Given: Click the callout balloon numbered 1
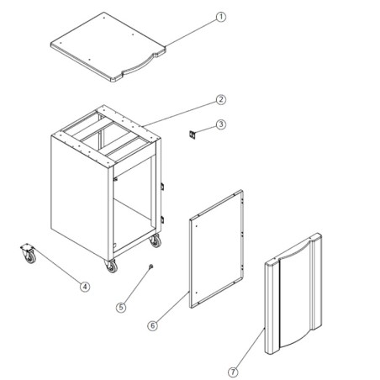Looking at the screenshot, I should [222, 17].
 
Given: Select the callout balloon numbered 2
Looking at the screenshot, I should [220, 100].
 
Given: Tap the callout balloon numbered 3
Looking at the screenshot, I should [220, 125].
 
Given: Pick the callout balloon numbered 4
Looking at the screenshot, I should [85, 286].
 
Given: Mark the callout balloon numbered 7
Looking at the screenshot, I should [233, 369].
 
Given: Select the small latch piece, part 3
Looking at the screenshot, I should [191, 132].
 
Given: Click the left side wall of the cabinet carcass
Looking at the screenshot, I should [79, 193].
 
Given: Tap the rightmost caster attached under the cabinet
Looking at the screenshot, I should [154, 242].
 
